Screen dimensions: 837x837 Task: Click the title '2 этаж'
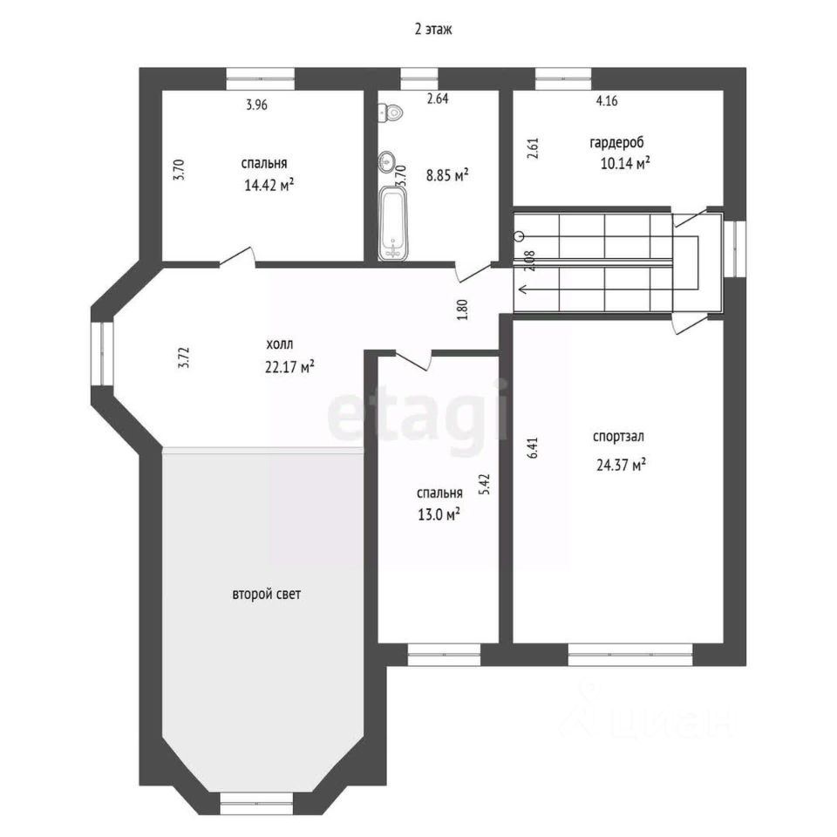433,29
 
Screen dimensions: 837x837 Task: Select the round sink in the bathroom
387,160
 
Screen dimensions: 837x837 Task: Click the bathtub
393,224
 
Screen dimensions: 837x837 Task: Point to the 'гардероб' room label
616,142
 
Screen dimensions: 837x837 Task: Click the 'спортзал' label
618,437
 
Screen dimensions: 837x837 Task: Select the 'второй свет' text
267,594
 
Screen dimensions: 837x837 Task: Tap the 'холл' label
280,344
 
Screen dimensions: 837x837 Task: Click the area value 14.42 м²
269,185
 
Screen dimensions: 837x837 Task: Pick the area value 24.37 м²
622,465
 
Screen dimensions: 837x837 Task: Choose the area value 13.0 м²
439,514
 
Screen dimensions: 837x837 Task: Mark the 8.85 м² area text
447,174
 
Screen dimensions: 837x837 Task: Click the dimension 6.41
532,448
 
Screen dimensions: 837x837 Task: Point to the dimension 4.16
607,100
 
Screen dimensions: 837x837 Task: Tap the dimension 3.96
256,105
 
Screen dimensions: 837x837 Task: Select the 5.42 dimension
485,485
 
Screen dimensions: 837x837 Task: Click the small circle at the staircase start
519,236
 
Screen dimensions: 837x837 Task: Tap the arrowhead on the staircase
523,289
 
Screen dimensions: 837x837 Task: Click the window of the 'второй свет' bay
256,803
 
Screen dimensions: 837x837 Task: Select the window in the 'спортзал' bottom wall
629,655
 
